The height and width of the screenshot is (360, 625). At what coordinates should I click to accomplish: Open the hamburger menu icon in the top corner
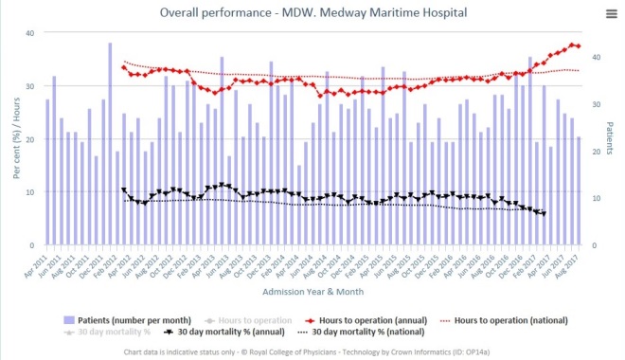pos(611,12)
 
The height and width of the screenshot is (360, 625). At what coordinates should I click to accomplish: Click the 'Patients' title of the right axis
pos(610,139)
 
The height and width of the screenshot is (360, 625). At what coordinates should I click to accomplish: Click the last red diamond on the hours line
pos(578,45)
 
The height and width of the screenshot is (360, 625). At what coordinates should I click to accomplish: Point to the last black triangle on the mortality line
pos(544,213)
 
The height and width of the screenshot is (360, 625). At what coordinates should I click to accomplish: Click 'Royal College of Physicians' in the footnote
pos(286,351)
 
